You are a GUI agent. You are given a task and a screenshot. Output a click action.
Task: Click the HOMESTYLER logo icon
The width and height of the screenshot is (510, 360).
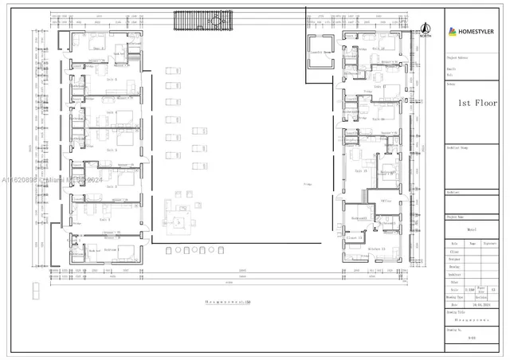click(x=453, y=32)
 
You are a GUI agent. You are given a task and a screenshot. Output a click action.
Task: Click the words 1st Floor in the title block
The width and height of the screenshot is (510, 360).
click(x=477, y=104)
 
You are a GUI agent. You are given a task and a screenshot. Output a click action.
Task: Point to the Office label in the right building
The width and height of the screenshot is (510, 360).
click(x=386, y=202)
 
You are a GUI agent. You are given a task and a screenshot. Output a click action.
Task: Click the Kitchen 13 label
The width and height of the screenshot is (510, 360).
click(x=376, y=249)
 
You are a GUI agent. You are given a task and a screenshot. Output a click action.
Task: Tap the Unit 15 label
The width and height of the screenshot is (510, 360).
click(x=360, y=170)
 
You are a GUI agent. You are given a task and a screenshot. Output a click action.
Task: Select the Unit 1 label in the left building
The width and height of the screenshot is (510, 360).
click(x=105, y=219)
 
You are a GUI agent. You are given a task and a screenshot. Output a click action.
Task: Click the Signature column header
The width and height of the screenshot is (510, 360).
click(x=491, y=244)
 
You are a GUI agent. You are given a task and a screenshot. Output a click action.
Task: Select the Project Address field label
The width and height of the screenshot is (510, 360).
click(x=457, y=57)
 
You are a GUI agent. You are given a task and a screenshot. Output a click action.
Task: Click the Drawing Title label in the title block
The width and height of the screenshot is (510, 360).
click(x=457, y=313)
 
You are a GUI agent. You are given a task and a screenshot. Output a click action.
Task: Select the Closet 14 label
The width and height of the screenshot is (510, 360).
click(x=354, y=237)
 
